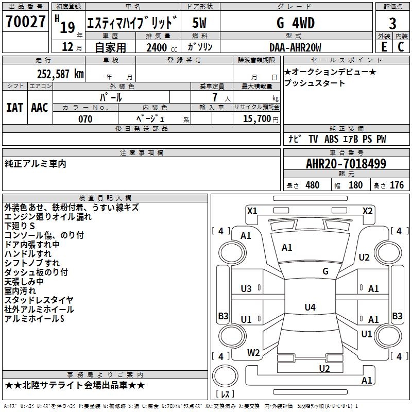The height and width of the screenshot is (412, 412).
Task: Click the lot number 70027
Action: pyautogui.click(x=26, y=22)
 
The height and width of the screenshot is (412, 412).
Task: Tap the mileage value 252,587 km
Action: pyautogui.click(x=60, y=73)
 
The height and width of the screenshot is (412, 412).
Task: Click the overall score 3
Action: pyautogui.click(x=392, y=23)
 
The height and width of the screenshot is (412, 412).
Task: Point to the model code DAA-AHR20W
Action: pyautogui.click(x=295, y=47)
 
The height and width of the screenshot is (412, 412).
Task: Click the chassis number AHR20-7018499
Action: pyautogui.click(x=346, y=164)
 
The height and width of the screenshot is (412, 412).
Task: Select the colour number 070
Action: pyautogui.click(x=85, y=119)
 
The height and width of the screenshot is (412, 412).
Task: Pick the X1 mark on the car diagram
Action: pyautogui.click(x=252, y=211)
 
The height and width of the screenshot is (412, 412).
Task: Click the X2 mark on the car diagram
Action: pyautogui.click(x=367, y=211)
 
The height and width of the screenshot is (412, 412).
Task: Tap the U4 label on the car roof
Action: pyautogui.click(x=310, y=307)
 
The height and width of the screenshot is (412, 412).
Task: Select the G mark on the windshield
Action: pyautogui.click(x=325, y=271)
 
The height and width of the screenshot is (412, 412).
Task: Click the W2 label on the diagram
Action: pyautogui.click(x=253, y=353)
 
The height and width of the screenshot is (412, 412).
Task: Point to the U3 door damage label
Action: pyautogui.click(x=246, y=289)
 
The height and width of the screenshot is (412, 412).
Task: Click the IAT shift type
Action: pyautogui.click(x=14, y=108)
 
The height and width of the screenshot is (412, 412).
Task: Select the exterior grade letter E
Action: pyautogui.click(x=384, y=47)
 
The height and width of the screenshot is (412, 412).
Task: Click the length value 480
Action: pyautogui.click(x=312, y=185)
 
